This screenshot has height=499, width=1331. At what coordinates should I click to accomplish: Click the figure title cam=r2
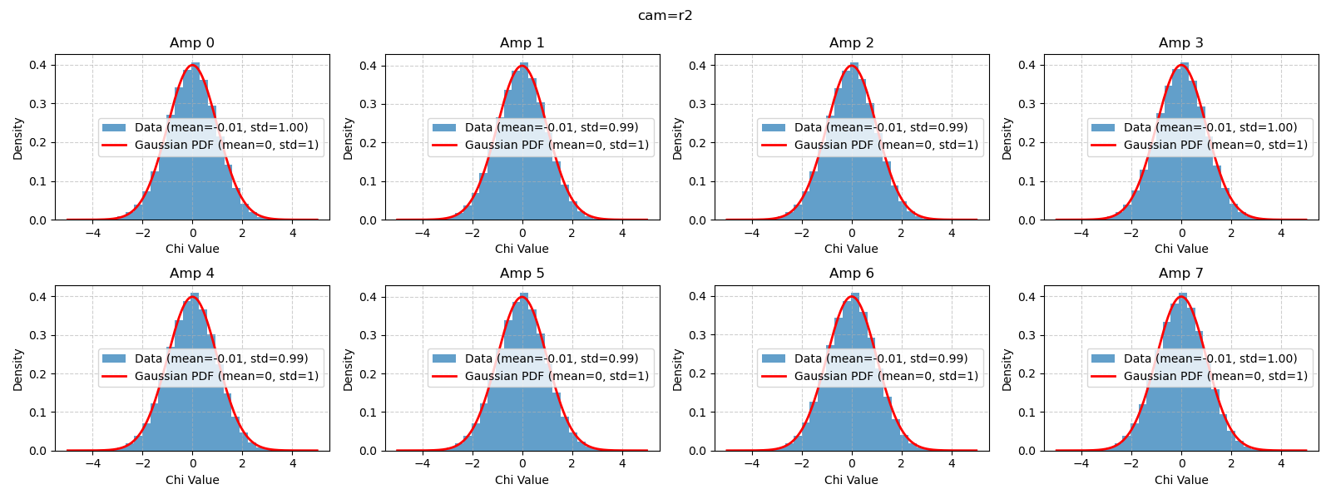[665, 16]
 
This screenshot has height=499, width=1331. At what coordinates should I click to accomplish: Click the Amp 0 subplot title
[192, 43]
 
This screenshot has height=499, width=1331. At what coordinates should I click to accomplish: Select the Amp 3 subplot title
[1180, 43]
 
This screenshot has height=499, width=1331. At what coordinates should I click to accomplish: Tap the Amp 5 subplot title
[522, 274]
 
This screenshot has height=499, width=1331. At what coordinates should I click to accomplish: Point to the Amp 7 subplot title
[1180, 274]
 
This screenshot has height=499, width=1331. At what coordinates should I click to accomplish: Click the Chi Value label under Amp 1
[522, 249]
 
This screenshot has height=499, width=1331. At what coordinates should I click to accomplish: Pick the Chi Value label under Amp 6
[851, 480]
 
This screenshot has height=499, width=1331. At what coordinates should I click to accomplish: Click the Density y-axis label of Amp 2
[677, 138]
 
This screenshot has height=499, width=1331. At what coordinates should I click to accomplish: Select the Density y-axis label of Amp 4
[17, 369]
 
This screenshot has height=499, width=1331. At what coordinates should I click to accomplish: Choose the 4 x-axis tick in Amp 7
[1281, 465]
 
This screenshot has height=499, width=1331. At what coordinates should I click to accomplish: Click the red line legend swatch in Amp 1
[445, 145]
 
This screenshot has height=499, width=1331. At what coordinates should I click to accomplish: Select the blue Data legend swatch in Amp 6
[774, 358]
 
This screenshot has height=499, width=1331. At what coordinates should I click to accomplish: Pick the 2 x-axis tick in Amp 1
[571, 234]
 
